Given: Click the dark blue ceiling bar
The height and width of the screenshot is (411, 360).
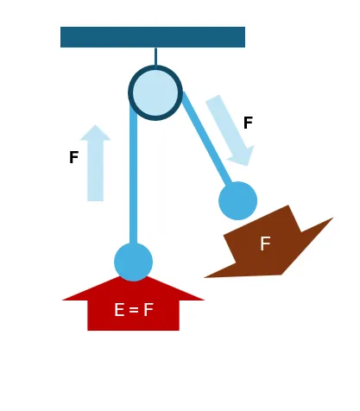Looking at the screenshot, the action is point(153,37).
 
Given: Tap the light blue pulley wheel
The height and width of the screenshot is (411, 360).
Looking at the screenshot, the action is point(155,92).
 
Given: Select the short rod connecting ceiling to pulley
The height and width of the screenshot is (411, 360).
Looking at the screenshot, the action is point(155,57).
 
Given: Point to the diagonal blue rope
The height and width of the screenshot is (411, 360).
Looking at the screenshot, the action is point(208,139).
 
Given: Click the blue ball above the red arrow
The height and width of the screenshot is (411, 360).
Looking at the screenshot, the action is point(133,262).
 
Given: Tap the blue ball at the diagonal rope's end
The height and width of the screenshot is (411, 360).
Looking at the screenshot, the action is point(237,201).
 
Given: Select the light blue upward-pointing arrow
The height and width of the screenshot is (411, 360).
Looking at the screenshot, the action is point(95,163).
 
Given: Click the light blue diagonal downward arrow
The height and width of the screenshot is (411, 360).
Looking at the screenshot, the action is point(230,130).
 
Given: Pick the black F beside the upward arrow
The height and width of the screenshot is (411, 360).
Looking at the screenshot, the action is point(74,157).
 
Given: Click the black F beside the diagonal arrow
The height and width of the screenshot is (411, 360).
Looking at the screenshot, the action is point(248,123).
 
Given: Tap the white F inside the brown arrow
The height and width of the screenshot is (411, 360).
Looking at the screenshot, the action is point(265,243).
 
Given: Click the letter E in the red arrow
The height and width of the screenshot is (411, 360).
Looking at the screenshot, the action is point(119,310).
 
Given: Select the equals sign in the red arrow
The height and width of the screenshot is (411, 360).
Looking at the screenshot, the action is point(134,310).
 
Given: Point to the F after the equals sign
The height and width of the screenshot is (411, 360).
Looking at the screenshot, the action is point(148,310).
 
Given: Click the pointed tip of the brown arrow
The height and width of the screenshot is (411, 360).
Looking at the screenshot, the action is point(205,277).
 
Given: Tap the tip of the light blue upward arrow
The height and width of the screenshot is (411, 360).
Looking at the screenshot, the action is point(95,124).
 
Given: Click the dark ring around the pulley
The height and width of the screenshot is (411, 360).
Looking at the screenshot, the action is point(155,68).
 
